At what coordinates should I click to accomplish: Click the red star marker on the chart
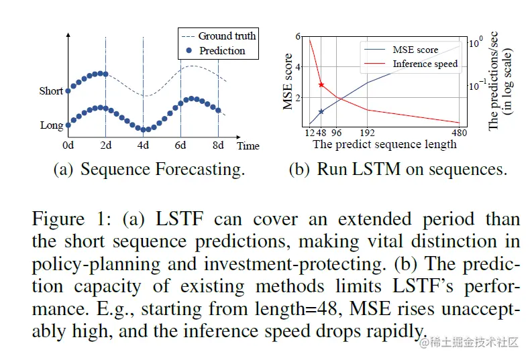click(321, 84)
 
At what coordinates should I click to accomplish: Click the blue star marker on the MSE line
click(321, 112)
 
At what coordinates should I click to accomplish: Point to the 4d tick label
click(143, 145)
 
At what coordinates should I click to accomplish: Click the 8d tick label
click(218, 145)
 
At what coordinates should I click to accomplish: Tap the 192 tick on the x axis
click(367, 133)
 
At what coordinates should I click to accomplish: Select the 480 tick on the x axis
click(460, 133)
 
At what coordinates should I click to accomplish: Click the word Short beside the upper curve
click(51, 91)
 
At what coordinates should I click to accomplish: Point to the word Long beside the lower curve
click(52, 125)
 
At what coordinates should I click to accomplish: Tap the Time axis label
click(248, 145)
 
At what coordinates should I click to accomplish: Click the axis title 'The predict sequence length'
click(384, 144)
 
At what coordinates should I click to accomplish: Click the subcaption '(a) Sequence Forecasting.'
click(149, 169)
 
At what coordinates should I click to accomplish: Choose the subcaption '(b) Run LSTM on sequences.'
click(398, 169)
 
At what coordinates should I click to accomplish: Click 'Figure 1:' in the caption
click(64, 220)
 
